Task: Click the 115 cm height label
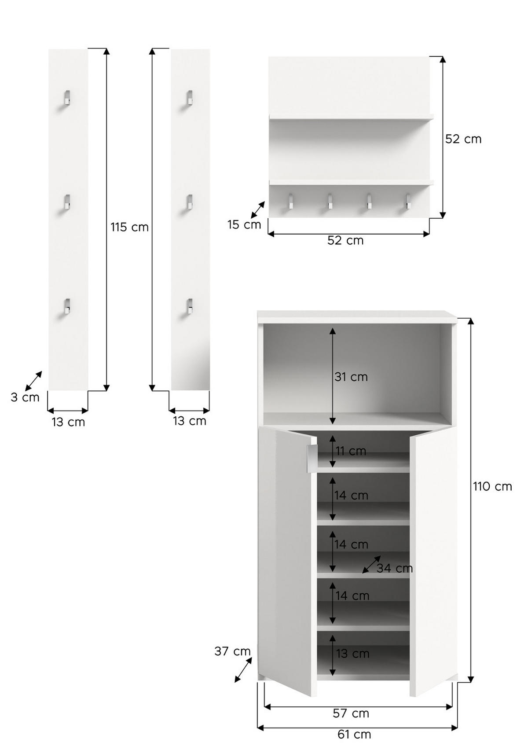point(129,228)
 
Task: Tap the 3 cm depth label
point(25,397)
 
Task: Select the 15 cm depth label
point(244,225)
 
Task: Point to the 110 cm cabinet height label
point(492,487)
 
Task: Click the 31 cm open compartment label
point(351,377)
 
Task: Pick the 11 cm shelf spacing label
point(351,452)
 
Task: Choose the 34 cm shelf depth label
point(395,569)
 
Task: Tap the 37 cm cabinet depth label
point(232,651)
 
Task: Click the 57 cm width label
point(351,713)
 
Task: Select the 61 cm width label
point(354,735)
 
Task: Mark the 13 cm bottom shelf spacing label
point(352,654)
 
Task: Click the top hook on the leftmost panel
point(66,98)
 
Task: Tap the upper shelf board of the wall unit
point(351,117)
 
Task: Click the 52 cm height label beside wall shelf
point(463,139)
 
